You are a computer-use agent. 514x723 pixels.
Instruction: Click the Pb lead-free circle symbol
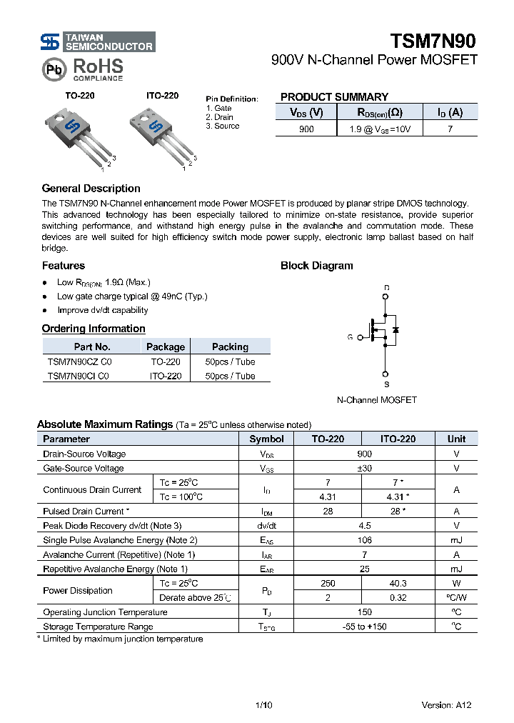(54, 69)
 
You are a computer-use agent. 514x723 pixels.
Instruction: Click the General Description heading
(91, 189)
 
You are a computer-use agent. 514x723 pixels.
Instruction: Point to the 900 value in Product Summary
(306, 129)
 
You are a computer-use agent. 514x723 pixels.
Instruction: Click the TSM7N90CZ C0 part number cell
(79, 361)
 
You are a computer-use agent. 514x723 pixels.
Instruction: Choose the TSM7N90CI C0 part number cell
(78, 376)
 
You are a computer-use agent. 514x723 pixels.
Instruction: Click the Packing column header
(230, 346)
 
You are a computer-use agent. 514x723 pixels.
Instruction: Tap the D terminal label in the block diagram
(386, 289)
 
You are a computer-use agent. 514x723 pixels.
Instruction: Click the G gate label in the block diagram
(350, 336)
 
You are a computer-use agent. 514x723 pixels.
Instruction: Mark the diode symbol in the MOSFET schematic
(395, 330)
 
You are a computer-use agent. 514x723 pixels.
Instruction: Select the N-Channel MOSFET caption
(376, 400)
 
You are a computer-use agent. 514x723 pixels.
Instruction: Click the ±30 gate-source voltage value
(364, 468)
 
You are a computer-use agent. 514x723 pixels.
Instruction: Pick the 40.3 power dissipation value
(398, 583)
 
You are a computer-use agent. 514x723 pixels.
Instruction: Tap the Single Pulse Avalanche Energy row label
(120, 540)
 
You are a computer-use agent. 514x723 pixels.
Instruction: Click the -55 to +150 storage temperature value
(364, 627)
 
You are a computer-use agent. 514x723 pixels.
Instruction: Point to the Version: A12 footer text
(446, 705)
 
